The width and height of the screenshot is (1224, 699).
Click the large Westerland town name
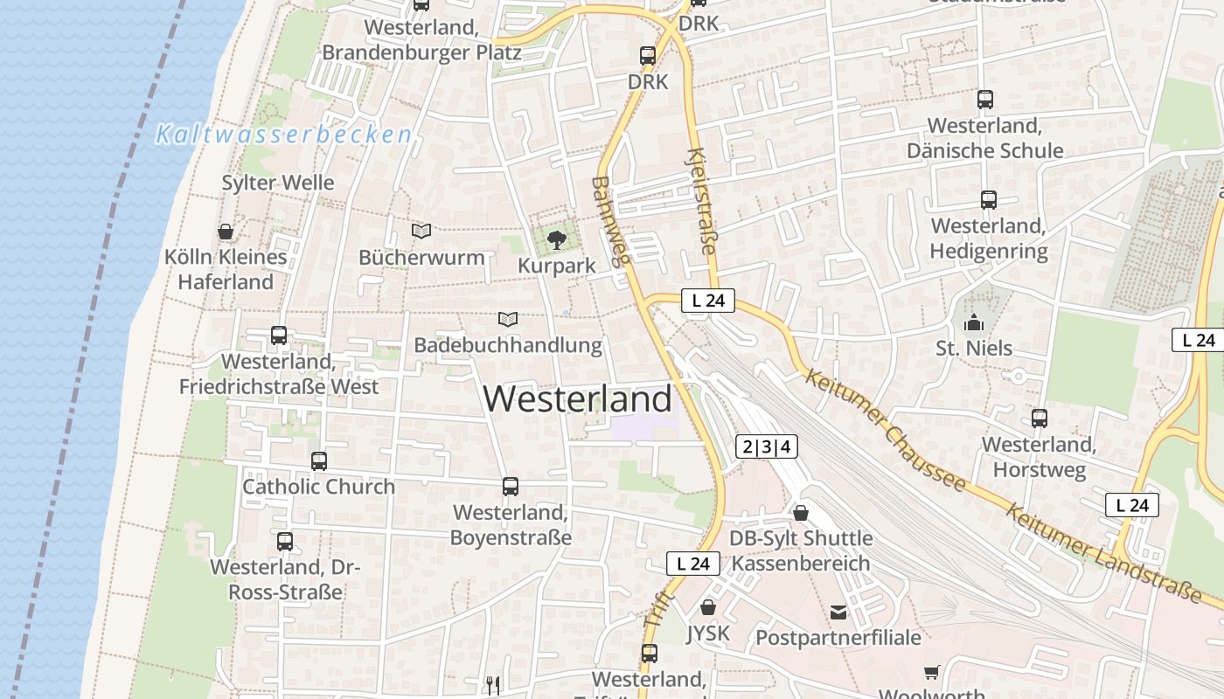click(577, 399)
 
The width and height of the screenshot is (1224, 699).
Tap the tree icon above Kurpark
click(556, 239)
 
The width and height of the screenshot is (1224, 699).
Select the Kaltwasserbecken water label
click(283, 135)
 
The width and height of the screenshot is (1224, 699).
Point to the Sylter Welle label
click(278, 183)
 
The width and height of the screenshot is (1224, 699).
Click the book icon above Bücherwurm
click(421, 232)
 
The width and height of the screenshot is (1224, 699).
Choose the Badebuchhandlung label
click(508, 345)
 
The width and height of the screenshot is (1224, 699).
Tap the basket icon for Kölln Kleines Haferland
click(226, 232)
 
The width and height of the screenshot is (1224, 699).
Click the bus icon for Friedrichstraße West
click(279, 335)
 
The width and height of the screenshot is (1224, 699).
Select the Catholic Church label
click(318, 487)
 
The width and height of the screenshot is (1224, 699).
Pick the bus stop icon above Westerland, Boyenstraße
click(511, 487)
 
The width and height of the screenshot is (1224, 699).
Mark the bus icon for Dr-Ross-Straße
click(285, 542)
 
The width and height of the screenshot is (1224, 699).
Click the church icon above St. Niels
click(974, 323)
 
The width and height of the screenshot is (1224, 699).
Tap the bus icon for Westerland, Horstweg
click(1039, 419)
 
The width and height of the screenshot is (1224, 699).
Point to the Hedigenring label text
click(989, 252)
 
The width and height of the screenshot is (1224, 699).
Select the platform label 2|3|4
click(766, 447)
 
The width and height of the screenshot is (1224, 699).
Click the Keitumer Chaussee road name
click(885, 431)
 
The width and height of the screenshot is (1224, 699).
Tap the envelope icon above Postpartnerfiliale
click(838, 612)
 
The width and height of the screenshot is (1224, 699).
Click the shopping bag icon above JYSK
click(708, 607)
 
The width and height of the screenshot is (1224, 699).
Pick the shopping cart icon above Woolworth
click(932, 673)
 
